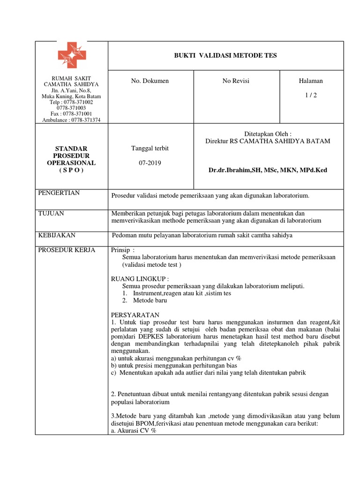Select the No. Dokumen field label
point(150,81)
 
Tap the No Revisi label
point(236,81)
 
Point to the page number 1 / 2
point(311,95)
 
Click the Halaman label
point(311,81)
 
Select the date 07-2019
point(150,163)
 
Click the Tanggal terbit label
point(150,148)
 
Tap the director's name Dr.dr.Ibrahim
point(268,170)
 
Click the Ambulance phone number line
point(71,120)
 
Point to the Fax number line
point(71,114)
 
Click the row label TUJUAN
point(51,213)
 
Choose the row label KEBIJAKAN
point(57,235)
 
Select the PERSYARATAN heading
point(135,315)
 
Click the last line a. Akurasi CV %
point(134,430)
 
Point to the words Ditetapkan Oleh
point(268,134)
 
